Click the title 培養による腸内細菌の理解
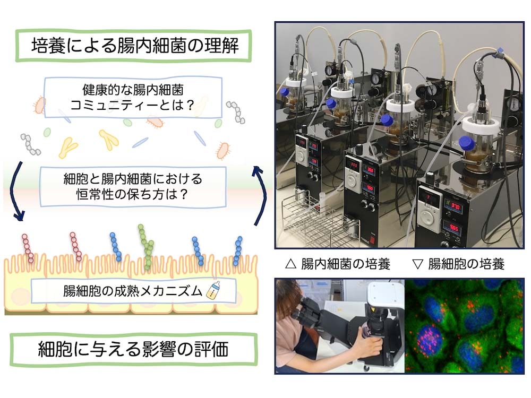tap(135, 46)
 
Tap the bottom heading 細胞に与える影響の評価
tap(133, 349)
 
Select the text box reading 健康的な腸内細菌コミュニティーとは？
tap(133, 98)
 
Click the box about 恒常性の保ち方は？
tap(133, 186)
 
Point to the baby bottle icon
tap(213, 291)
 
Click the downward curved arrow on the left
tap(15, 192)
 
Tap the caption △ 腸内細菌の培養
tap(338, 264)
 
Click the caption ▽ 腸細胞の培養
tap(459, 264)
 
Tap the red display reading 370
tap(454, 206)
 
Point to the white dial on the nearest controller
tap(428, 217)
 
